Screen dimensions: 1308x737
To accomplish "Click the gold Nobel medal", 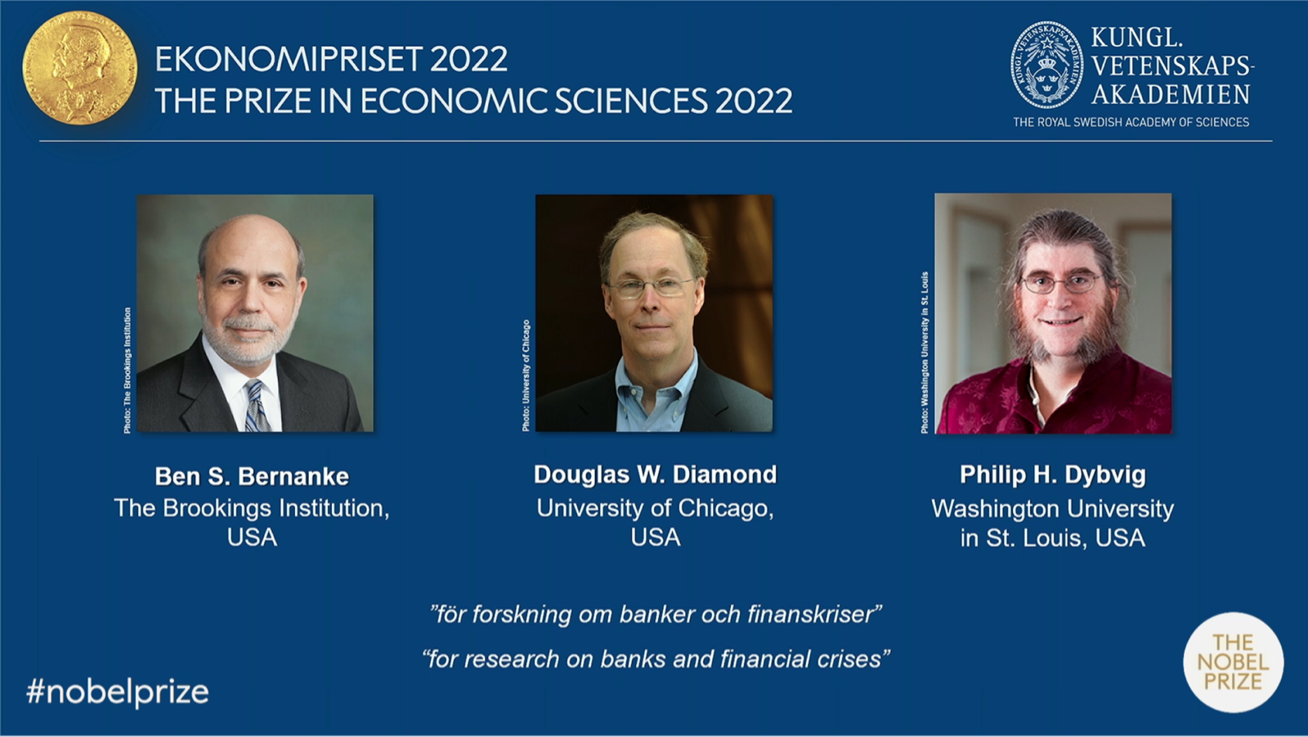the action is [80, 67].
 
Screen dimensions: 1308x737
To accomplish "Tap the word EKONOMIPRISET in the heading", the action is [289, 60].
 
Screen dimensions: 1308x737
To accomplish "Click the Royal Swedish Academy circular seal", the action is [1047, 65].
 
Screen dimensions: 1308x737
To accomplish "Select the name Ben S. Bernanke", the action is [252, 476].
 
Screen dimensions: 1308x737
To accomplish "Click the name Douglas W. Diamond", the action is [655, 474].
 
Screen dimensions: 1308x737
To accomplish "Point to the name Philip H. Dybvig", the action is [1053, 475].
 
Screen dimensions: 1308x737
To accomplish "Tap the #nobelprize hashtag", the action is [118, 693].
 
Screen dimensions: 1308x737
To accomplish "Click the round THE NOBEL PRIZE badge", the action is [1234, 663].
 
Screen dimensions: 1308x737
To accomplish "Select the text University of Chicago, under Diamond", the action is [655, 509].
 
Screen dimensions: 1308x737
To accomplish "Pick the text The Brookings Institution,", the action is [252, 509].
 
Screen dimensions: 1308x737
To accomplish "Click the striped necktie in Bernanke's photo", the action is [256, 406].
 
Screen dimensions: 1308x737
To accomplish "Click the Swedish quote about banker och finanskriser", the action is [655, 614].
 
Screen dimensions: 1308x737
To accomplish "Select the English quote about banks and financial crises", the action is [655, 659].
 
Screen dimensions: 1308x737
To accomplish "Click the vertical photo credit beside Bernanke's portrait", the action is [128, 371].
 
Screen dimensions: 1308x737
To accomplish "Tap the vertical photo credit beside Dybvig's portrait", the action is [925, 353].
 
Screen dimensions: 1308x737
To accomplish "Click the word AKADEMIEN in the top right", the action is [1171, 94].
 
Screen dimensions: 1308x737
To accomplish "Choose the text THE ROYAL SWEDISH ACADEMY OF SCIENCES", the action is [1131, 122].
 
